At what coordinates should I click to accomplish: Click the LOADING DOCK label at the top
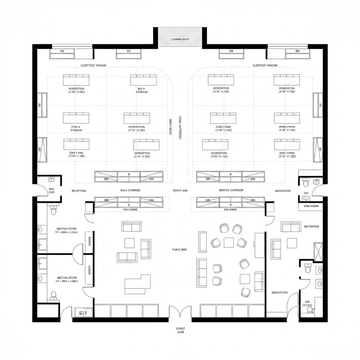point(180,39)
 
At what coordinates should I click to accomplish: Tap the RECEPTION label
point(79,191)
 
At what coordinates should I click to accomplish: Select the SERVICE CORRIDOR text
point(231,190)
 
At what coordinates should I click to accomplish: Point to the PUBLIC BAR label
point(179,249)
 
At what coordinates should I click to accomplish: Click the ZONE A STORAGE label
point(76,128)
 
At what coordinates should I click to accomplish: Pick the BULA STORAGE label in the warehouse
point(142,90)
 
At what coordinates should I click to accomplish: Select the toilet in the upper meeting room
point(53,211)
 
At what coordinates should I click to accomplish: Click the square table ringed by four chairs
point(229,242)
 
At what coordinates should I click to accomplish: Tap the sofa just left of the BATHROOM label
point(291,227)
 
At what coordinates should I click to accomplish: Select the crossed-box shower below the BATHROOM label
point(318,252)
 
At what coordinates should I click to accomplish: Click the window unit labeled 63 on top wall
point(128,53)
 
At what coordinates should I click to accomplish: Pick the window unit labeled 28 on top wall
point(231,53)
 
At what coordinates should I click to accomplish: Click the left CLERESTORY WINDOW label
point(94,65)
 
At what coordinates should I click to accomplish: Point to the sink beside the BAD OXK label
point(52,180)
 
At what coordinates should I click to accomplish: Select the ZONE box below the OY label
point(310,206)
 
